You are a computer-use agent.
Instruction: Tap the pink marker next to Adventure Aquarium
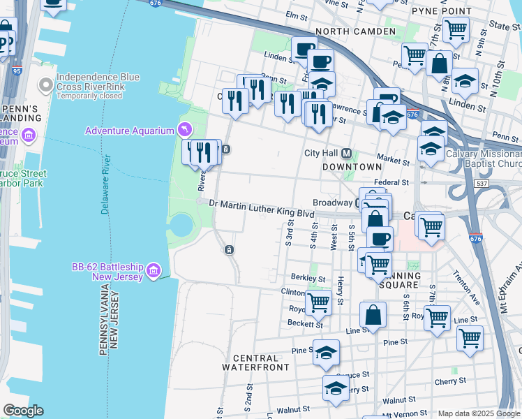coord(184,130)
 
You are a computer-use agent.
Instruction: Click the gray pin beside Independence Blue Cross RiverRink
coord(47,86)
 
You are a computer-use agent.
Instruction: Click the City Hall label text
coord(321,154)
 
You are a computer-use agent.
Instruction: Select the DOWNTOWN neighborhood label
coord(352,167)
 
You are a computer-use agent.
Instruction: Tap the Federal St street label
coord(390,182)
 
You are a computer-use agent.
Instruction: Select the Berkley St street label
coord(308,277)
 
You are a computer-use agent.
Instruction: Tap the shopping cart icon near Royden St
coord(318,302)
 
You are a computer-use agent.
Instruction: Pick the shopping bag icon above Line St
coord(374,314)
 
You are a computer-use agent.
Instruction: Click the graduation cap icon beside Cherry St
coord(336,388)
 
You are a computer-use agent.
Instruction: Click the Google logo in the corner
coord(22,411)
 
